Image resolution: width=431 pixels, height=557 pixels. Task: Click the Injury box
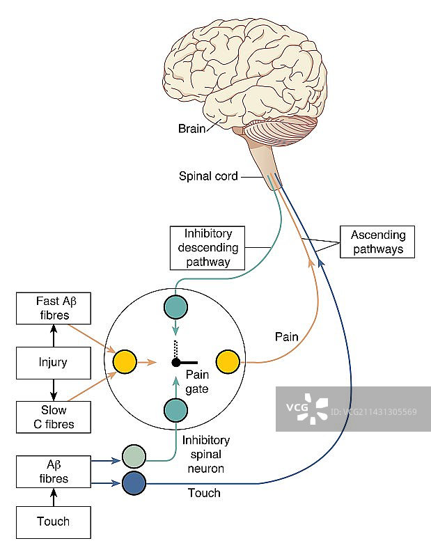[53, 362]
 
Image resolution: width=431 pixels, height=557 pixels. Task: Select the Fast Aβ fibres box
[53, 308]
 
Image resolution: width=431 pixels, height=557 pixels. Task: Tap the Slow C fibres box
[53, 416]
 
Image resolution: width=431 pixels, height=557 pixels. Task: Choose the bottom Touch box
[53, 521]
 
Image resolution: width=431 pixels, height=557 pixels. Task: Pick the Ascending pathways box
[377, 242]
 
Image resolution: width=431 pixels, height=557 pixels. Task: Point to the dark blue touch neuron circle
[134, 483]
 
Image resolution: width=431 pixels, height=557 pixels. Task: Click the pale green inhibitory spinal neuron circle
[134, 457]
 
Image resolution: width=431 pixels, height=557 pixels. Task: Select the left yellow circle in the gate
[125, 362]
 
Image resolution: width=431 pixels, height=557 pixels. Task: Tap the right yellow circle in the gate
[228, 362]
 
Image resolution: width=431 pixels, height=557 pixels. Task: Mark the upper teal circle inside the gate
[175, 308]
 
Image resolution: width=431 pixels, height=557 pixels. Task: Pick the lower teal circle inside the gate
[175, 411]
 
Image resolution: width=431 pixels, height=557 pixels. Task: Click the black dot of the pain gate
[176, 362]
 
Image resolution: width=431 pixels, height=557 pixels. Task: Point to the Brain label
[192, 128]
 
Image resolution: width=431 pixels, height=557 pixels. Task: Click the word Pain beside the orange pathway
[287, 337]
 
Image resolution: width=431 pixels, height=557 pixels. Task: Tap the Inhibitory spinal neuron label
[205, 454]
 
